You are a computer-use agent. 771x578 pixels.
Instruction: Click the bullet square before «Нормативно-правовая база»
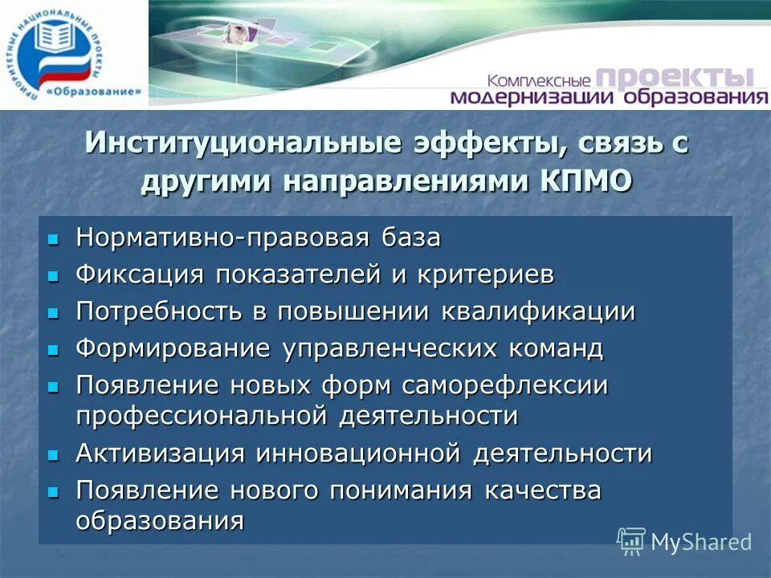[54, 239]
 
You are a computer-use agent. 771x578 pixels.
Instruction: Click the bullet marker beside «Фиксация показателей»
[54, 275]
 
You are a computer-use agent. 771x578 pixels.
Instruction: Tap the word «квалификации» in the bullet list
[538, 311]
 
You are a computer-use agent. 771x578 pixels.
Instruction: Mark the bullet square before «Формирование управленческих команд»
[54, 349]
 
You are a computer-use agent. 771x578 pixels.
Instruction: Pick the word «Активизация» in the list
[160, 453]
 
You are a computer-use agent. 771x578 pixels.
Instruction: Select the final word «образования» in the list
[160, 520]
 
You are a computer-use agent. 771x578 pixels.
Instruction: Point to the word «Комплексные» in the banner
[539, 80]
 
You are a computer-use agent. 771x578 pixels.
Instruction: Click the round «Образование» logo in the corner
[74, 55]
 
